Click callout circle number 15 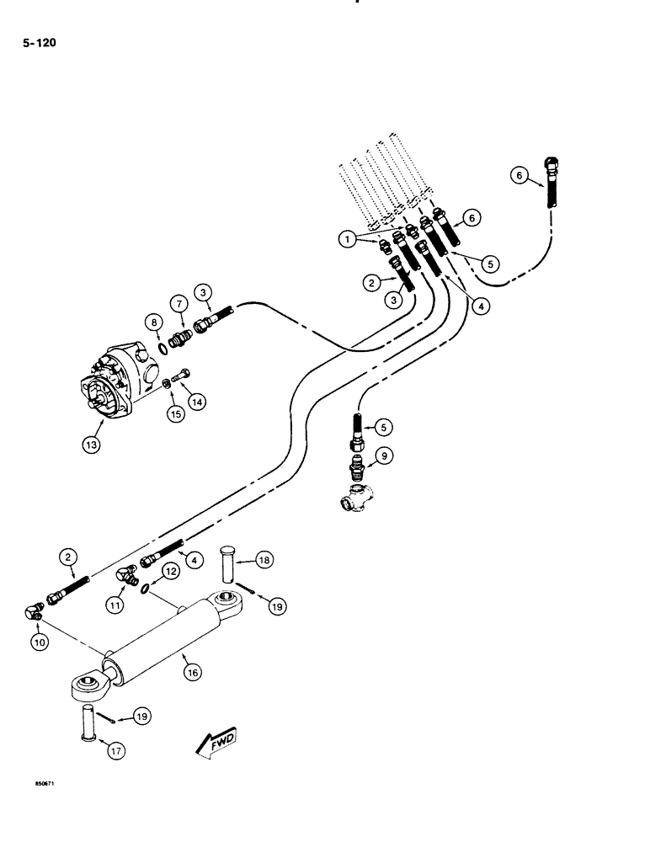pos(175,414)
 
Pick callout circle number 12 pos(171,572)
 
